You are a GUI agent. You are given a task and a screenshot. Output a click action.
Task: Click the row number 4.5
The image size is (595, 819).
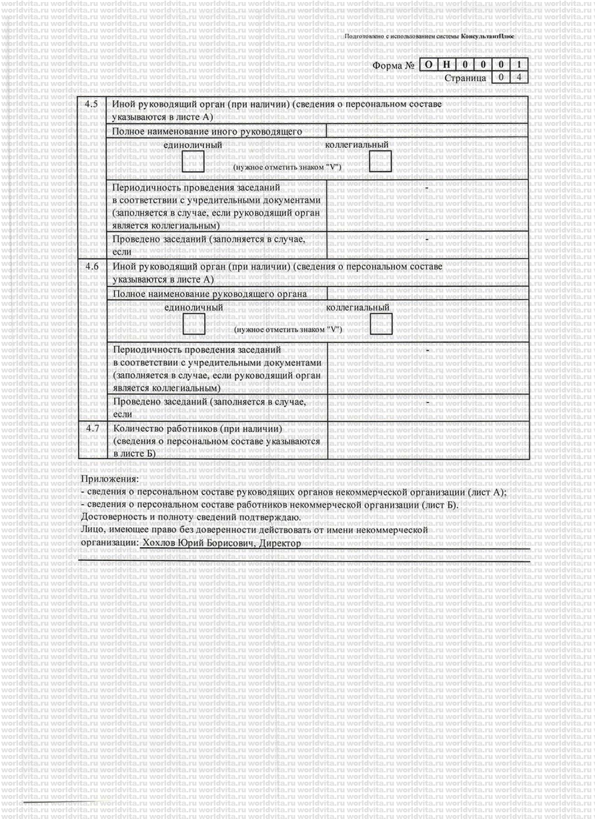point(92,105)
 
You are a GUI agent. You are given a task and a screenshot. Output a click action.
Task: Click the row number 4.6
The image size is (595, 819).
point(92,267)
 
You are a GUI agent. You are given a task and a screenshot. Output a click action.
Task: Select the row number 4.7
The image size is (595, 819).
point(92,428)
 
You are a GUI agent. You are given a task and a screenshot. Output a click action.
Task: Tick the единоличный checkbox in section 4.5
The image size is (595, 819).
point(193,161)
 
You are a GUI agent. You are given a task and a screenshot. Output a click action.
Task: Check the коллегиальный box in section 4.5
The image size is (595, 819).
point(380,161)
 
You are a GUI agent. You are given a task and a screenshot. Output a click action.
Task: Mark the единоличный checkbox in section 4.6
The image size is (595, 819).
point(194,324)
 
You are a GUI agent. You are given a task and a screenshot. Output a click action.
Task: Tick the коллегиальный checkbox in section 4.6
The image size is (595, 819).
point(382,324)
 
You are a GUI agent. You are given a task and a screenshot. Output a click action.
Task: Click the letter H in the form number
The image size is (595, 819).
point(447,65)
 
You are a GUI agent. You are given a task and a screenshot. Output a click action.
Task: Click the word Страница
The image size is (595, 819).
point(465,78)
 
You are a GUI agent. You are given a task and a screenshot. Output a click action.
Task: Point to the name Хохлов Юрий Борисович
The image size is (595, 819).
point(198,543)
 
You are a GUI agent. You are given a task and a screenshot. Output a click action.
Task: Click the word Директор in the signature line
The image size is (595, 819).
point(280,543)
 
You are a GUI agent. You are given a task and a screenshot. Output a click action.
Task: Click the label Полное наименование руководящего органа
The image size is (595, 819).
point(210,294)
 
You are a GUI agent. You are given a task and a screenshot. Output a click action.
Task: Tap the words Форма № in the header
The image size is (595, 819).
point(394,66)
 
